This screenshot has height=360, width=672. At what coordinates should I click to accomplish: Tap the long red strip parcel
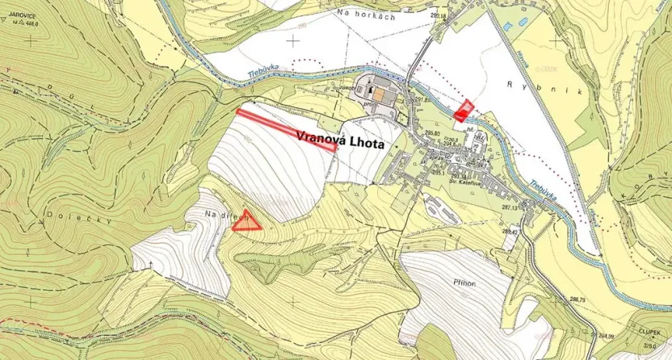(287, 129)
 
